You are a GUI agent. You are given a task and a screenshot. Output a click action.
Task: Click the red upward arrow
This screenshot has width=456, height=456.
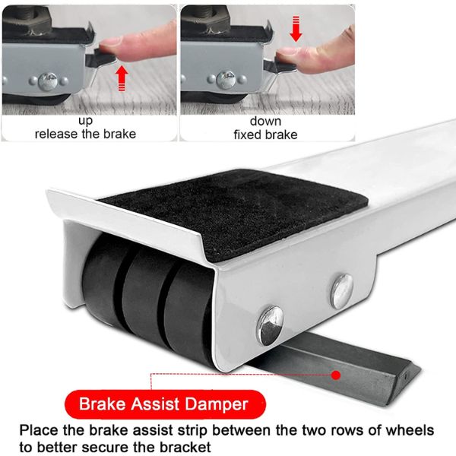click(x=122, y=78)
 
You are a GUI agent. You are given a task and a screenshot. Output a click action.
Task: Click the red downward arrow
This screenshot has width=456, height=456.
click(x=296, y=29)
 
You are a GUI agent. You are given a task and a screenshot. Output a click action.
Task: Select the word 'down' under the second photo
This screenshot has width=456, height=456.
click(x=265, y=122)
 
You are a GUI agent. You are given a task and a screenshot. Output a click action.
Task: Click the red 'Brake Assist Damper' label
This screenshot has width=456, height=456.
click(x=165, y=404)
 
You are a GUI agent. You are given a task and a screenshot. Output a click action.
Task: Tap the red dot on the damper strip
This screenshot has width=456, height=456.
click(x=336, y=375)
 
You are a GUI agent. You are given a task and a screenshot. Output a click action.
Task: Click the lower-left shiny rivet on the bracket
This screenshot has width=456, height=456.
click(x=271, y=325)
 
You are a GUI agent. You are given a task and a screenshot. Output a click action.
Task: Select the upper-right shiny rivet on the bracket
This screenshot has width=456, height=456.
click(x=341, y=291)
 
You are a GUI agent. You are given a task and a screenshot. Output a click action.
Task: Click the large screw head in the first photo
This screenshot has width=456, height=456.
click(x=48, y=81)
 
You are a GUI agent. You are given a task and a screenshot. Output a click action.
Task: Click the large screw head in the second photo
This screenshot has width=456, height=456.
click(x=226, y=78)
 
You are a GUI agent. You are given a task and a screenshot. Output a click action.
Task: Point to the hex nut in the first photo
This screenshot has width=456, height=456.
click(x=27, y=14)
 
